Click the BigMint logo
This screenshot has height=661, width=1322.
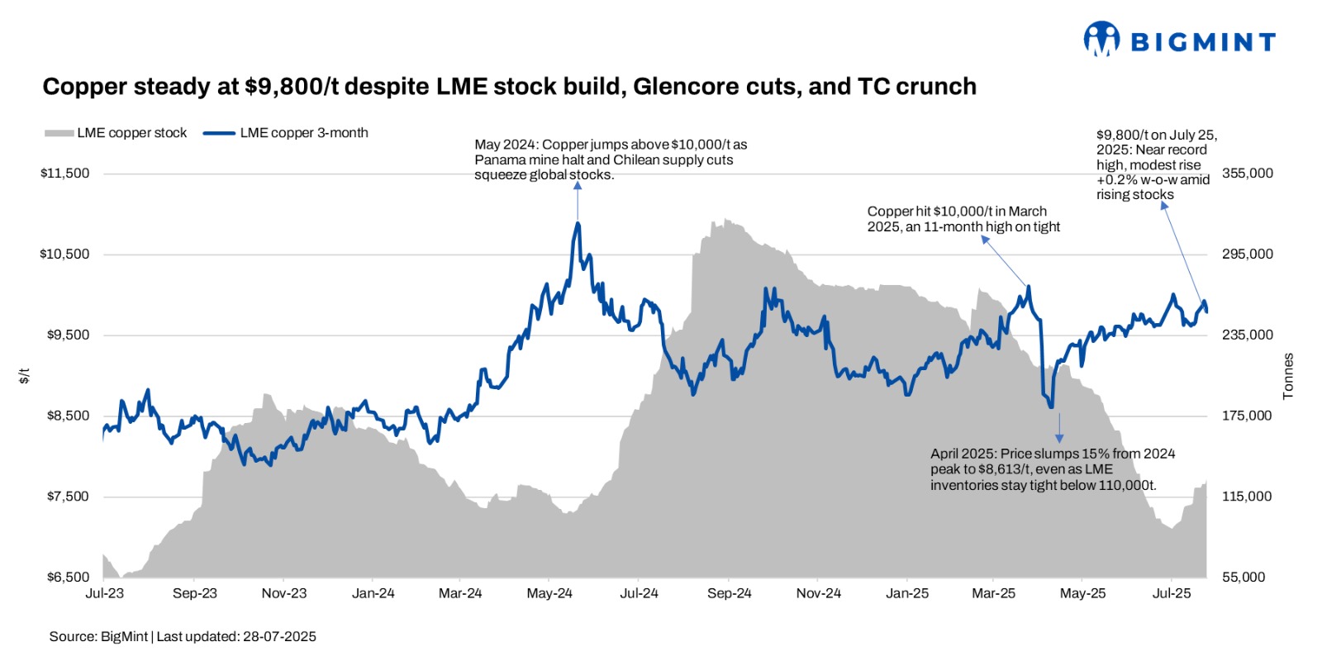click(x=1179, y=40)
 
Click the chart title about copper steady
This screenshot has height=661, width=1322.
click(x=509, y=87)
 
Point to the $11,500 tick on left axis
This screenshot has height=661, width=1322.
click(x=64, y=174)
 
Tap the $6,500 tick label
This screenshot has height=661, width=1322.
click(x=68, y=577)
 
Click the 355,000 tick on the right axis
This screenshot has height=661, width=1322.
click(x=1247, y=174)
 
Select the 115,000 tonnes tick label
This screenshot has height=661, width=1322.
click(x=1247, y=497)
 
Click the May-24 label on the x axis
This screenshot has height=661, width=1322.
click(x=549, y=593)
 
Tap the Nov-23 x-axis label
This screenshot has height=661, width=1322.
click(x=283, y=593)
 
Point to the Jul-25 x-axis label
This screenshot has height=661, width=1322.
click(x=1172, y=593)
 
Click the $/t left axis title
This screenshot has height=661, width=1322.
click(x=24, y=376)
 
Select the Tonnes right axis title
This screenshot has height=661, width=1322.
click(x=1288, y=377)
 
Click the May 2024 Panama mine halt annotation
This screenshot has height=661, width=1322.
click(x=610, y=159)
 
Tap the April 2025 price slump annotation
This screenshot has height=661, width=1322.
click(x=1052, y=469)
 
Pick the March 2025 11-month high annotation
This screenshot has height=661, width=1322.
click(x=963, y=219)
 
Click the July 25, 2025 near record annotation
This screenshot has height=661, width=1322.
click(x=1156, y=164)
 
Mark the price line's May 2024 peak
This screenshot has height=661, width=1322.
click(x=578, y=223)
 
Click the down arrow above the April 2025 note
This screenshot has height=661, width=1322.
click(x=1059, y=427)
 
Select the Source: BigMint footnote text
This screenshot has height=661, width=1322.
click(x=183, y=637)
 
